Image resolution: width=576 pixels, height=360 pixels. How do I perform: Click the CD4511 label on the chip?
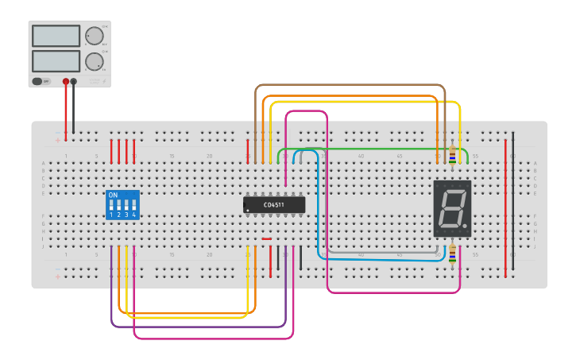[x=275, y=205]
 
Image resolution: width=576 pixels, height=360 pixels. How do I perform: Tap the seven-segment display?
[x=452, y=208]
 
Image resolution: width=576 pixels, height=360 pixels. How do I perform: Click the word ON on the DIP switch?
[x=113, y=195]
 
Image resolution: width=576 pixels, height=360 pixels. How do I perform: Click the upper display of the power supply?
[x=56, y=36]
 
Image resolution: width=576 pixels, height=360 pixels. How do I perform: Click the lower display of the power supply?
[x=56, y=61]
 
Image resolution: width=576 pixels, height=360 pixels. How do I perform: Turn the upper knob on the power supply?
[x=95, y=36]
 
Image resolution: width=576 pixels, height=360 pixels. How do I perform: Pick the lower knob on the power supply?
[x=95, y=61]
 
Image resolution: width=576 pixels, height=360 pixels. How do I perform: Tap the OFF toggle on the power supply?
[x=41, y=81]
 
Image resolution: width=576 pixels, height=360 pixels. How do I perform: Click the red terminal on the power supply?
[x=66, y=81]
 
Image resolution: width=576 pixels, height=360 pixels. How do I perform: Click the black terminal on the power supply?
[x=74, y=81]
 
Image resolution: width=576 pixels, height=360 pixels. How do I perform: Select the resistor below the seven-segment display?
[x=453, y=254]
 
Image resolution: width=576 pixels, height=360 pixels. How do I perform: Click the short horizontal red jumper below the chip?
[x=266, y=238]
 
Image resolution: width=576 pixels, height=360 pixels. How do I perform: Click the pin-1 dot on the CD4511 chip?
[x=248, y=211]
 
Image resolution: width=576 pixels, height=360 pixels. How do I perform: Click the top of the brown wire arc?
[x=350, y=85]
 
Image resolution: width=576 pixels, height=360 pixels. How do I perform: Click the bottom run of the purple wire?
[x=199, y=327]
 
